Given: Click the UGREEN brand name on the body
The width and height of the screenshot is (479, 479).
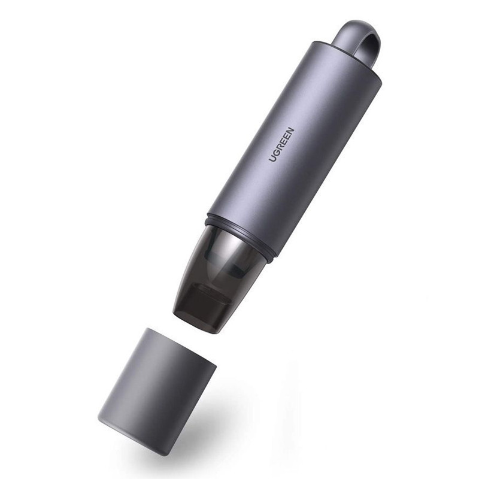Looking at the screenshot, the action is click(281, 144).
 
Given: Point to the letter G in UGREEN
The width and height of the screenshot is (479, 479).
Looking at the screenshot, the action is click(275, 152).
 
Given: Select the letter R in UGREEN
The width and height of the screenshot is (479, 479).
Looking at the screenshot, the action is click(279, 147).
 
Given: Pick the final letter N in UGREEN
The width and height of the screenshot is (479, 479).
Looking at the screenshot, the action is click(290, 131).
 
